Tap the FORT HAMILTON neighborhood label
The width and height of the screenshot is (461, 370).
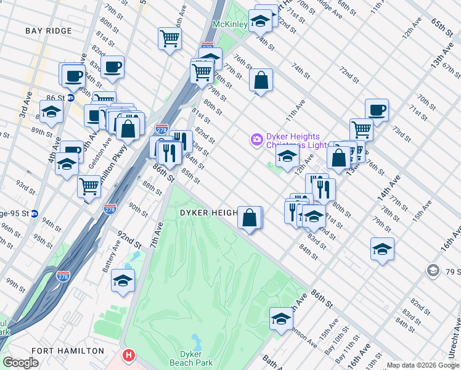[x=68, y=350]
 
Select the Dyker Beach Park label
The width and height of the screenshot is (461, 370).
[x=196, y=358]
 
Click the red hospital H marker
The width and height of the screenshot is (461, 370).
[x=128, y=356]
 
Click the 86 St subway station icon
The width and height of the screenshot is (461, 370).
[x=71, y=97]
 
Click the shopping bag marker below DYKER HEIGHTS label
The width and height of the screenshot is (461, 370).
[x=250, y=218]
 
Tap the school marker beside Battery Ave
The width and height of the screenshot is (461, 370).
[x=123, y=281]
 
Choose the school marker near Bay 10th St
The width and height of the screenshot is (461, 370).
[x=281, y=319]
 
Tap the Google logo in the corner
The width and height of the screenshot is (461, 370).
[x=20, y=363]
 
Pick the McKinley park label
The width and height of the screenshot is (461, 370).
[x=229, y=24]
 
